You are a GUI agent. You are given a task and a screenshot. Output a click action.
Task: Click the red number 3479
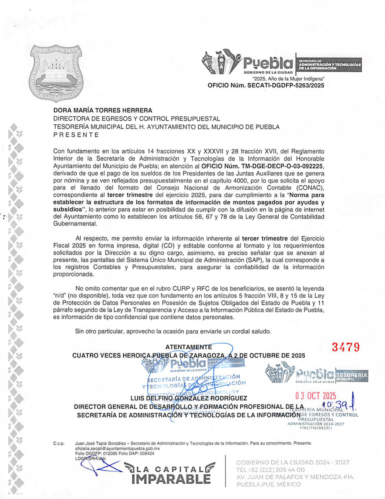[x=346, y=347]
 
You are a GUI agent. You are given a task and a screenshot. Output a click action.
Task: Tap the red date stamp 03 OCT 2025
[x=316, y=396]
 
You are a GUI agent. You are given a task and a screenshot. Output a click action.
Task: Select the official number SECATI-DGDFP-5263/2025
[x=286, y=85]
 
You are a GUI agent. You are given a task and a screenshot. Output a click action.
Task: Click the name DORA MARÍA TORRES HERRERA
[x=103, y=110]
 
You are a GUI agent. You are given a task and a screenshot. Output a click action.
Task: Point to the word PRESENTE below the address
[x=76, y=135]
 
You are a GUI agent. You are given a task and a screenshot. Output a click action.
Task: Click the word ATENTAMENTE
[x=188, y=347]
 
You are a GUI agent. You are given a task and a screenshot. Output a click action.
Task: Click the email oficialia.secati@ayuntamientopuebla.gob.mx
[x=117, y=448]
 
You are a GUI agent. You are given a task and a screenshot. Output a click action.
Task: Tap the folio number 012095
[x=108, y=454]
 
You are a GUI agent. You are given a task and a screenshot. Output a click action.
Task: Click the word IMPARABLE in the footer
[x=171, y=479]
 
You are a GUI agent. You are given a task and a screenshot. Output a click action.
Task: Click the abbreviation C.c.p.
[x=59, y=444]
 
